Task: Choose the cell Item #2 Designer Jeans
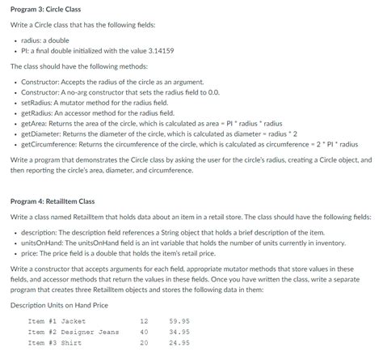tap(73, 331)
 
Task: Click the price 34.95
tap(179, 331)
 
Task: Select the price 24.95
tap(179, 342)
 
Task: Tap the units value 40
tap(144, 331)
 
